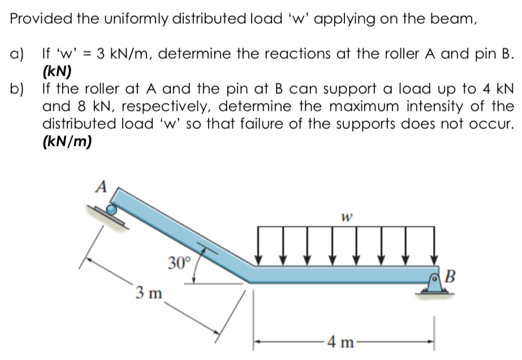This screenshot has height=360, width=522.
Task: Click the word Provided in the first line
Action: pyautogui.click(x=37, y=18)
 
